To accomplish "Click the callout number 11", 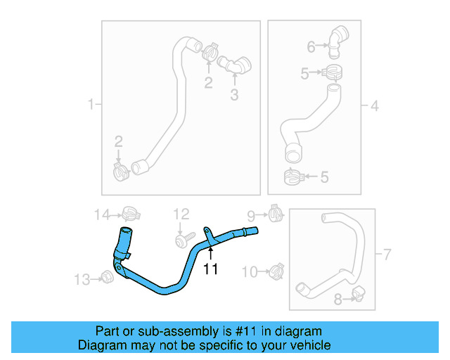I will pos(211,269).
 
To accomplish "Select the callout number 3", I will pos(234,94).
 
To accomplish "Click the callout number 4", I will pos(375,106).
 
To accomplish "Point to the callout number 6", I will pos(311,47).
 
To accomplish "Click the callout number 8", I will pos(338,300).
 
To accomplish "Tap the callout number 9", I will pos(251,214).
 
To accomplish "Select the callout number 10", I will pos(250,271).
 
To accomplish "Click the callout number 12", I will pos(181,214).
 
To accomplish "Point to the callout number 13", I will pos(82,280).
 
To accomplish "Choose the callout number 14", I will pos(103,214).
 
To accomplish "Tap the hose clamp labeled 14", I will pos(129,213).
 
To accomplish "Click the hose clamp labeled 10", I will pos(276,270).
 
